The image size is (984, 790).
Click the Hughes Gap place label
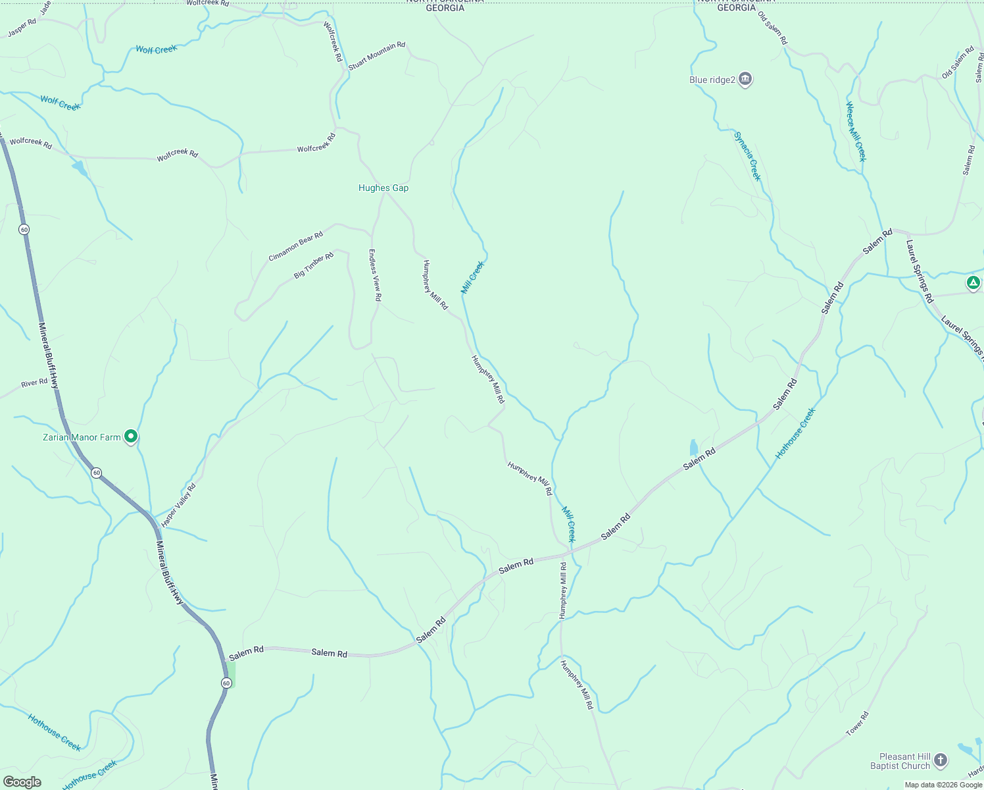coord(383,188)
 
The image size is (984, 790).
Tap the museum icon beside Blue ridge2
coord(745,80)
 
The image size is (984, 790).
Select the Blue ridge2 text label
coord(712,80)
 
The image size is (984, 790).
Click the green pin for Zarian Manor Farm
coord(131,436)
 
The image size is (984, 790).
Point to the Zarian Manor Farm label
coord(82,437)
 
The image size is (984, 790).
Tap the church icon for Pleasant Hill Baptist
coord(941,760)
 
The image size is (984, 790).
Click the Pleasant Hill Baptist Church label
coord(900,762)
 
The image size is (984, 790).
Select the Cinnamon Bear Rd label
coord(295,246)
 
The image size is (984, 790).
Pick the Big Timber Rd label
coord(313,265)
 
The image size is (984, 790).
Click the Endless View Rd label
coord(375,275)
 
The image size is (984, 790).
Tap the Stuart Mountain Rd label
coord(376,56)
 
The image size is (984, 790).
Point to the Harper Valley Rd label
coord(178,505)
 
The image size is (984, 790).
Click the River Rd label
coord(34,383)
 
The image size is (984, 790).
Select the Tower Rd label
coord(857,723)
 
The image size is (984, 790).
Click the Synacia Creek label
coord(747,156)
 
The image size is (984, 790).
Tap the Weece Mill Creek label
coord(856,132)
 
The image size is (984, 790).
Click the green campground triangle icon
coord(973,283)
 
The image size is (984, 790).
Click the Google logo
coord(22,782)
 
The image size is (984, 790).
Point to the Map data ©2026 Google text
coord(943,785)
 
